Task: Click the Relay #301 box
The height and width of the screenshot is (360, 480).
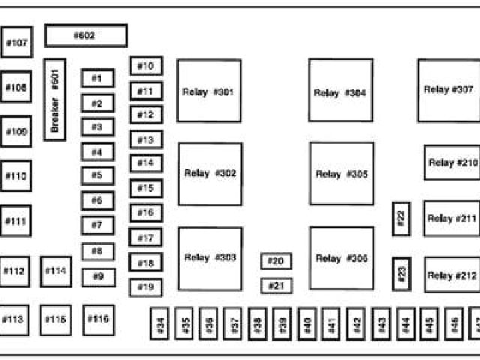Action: click(x=208, y=91)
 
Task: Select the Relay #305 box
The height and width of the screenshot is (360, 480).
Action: click(x=342, y=173)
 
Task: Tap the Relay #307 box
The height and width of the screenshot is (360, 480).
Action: click(x=448, y=90)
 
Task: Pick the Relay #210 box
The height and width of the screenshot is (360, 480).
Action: click(x=451, y=163)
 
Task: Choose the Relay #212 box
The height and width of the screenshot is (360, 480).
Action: click(x=451, y=274)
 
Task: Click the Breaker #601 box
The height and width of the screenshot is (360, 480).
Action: click(x=55, y=99)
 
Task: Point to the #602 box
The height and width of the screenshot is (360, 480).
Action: click(x=85, y=35)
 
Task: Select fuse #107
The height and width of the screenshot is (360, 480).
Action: click(x=16, y=43)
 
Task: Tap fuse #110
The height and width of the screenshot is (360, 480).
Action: click(x=16, y=176)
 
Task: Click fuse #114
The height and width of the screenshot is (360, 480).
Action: click(x=55, y=271)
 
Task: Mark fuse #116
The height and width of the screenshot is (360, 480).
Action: click(x=97, y=319)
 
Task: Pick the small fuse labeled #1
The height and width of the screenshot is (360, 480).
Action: click(x=97, y=78)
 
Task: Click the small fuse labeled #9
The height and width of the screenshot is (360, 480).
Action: click(x=97, y=276)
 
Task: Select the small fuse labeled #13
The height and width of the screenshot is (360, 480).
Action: click(x=145, y=139)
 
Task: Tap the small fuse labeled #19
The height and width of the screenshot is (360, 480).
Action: click(x=145, y=286)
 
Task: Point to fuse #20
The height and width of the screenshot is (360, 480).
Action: click(x=276, y=261)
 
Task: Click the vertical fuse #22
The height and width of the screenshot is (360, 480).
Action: click(x=401, y=218)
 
